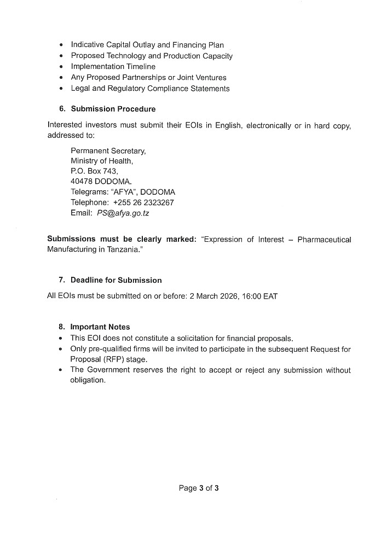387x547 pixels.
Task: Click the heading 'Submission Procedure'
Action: tap(113, 109)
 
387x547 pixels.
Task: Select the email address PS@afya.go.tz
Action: tap(123, 213)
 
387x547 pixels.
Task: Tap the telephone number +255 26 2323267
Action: tap(143, 202)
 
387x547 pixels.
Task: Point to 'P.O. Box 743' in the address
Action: tap(94, 171)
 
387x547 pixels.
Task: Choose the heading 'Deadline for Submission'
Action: tap(116, 280)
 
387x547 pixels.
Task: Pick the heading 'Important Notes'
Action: tap(100, 327)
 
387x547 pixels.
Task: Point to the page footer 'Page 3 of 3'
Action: tap(199, 488)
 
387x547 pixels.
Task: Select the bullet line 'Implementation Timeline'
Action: tap(113, 67)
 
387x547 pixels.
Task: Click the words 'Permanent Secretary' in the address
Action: tap(108, 150)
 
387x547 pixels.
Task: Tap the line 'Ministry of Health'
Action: tap(101, 161)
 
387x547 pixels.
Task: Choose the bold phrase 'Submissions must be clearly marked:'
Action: tap(122, 240)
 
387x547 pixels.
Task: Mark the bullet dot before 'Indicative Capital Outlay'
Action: tap(59, 45)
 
